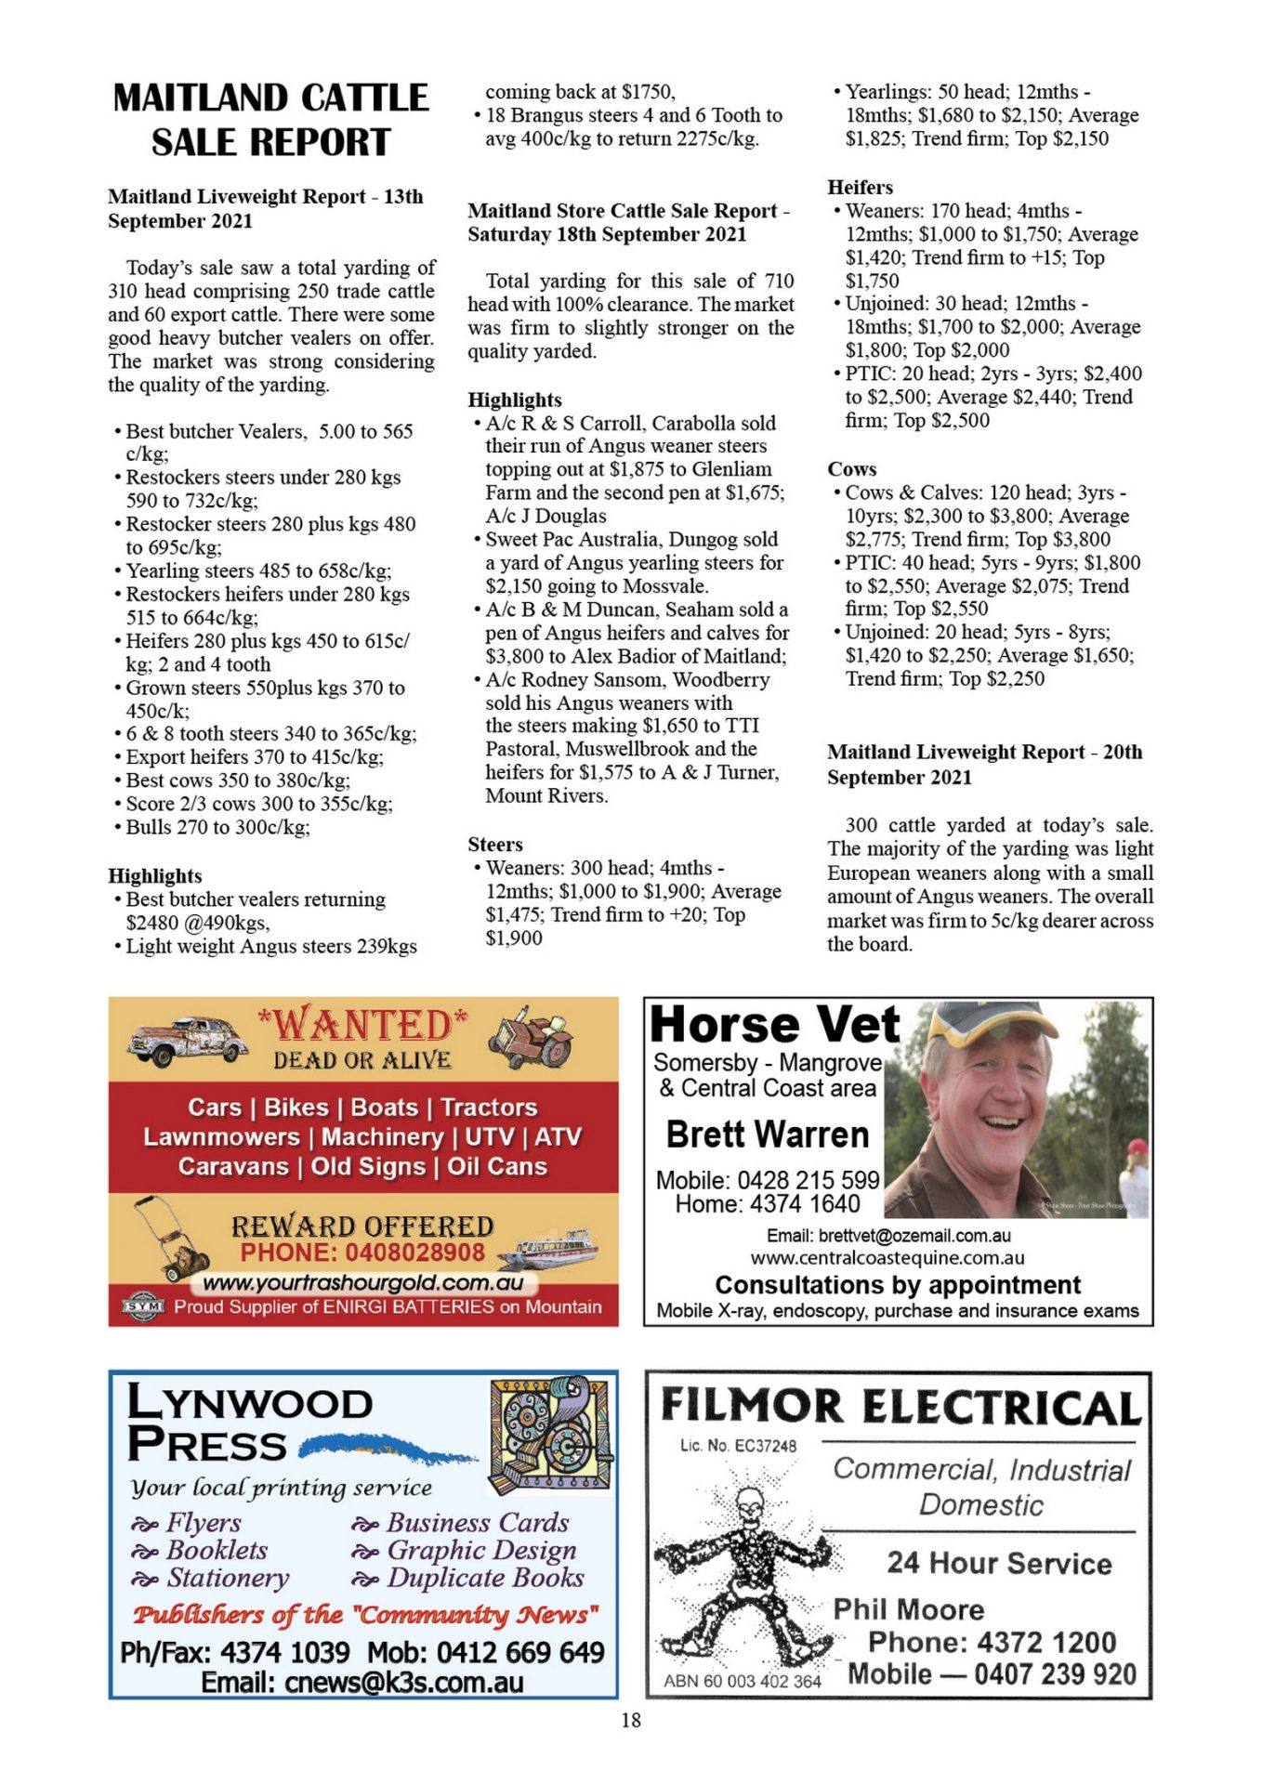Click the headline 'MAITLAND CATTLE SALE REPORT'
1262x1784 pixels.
coord(270,120)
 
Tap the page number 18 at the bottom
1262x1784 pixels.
coord(631,1720)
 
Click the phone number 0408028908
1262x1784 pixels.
coord(362,1253)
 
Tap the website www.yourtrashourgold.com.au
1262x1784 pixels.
coord(362,1283)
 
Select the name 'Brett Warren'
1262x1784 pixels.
coord(768,1135)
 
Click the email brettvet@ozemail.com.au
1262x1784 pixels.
coord(888,1236)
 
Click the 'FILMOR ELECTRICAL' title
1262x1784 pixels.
coord(900,1407)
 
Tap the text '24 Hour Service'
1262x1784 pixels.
coord(999,1563)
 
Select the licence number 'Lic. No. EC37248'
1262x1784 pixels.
coord(738,1446)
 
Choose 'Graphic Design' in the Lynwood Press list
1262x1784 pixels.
coord(481,1550)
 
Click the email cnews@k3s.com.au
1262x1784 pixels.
coord(362,1683)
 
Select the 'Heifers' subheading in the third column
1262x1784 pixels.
coord(860,187)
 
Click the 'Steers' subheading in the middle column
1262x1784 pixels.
coord(495,844)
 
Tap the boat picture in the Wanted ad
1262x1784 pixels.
coord(549,1248)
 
